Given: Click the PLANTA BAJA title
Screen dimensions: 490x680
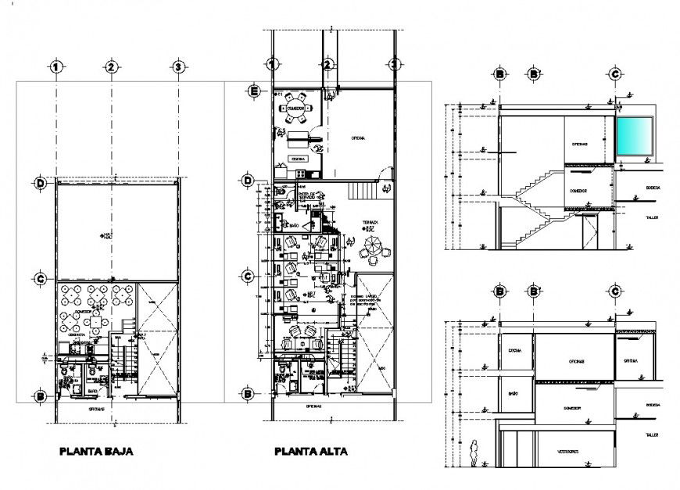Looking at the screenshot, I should [x=97, y=451].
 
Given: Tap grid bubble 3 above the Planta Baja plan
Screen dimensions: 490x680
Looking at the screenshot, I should [x=178, y=67].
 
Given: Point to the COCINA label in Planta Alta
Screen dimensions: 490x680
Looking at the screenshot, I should [x=297, y=159].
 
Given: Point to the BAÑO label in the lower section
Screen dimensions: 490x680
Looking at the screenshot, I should [x=514, y=393].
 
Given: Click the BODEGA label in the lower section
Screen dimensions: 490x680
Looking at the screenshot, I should [x=653, y=404].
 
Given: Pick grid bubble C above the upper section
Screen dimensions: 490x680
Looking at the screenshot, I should [x=615, y=73].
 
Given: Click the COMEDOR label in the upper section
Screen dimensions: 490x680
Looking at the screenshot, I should [x=578, y=188].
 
